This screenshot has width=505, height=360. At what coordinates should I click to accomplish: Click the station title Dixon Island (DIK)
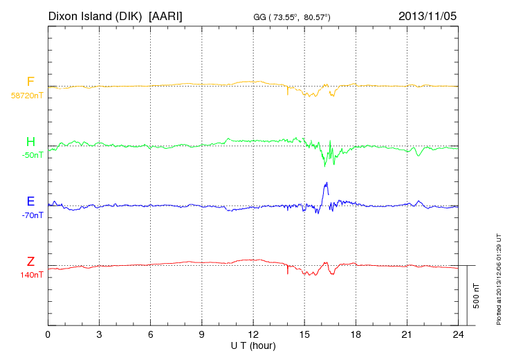pyautogui.click(x=95, y=15)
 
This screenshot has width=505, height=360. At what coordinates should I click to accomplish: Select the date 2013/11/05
pyautogui.click(x=428, y=15)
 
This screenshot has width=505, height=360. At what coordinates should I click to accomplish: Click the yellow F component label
pyautogui.click(x=30, y=82)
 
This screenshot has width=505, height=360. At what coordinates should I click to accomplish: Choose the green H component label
pyautogui.click(x=30, y=142)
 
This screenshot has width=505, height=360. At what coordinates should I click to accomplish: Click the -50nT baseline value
pyautogui.click(x=32, y=155)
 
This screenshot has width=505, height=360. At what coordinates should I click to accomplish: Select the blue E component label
pyautogui.click(x=30, y=201)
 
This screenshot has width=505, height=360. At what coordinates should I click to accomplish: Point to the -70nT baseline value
pyautogui.click(x=32, y=215)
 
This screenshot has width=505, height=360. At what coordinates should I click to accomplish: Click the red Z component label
pyautogui.click(x=30, y=261)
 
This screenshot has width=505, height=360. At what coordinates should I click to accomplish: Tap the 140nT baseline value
pyautogui.click(x=32, y=275)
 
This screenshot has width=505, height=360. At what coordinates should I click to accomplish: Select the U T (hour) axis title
pyautogui.click(x=253, y=345)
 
